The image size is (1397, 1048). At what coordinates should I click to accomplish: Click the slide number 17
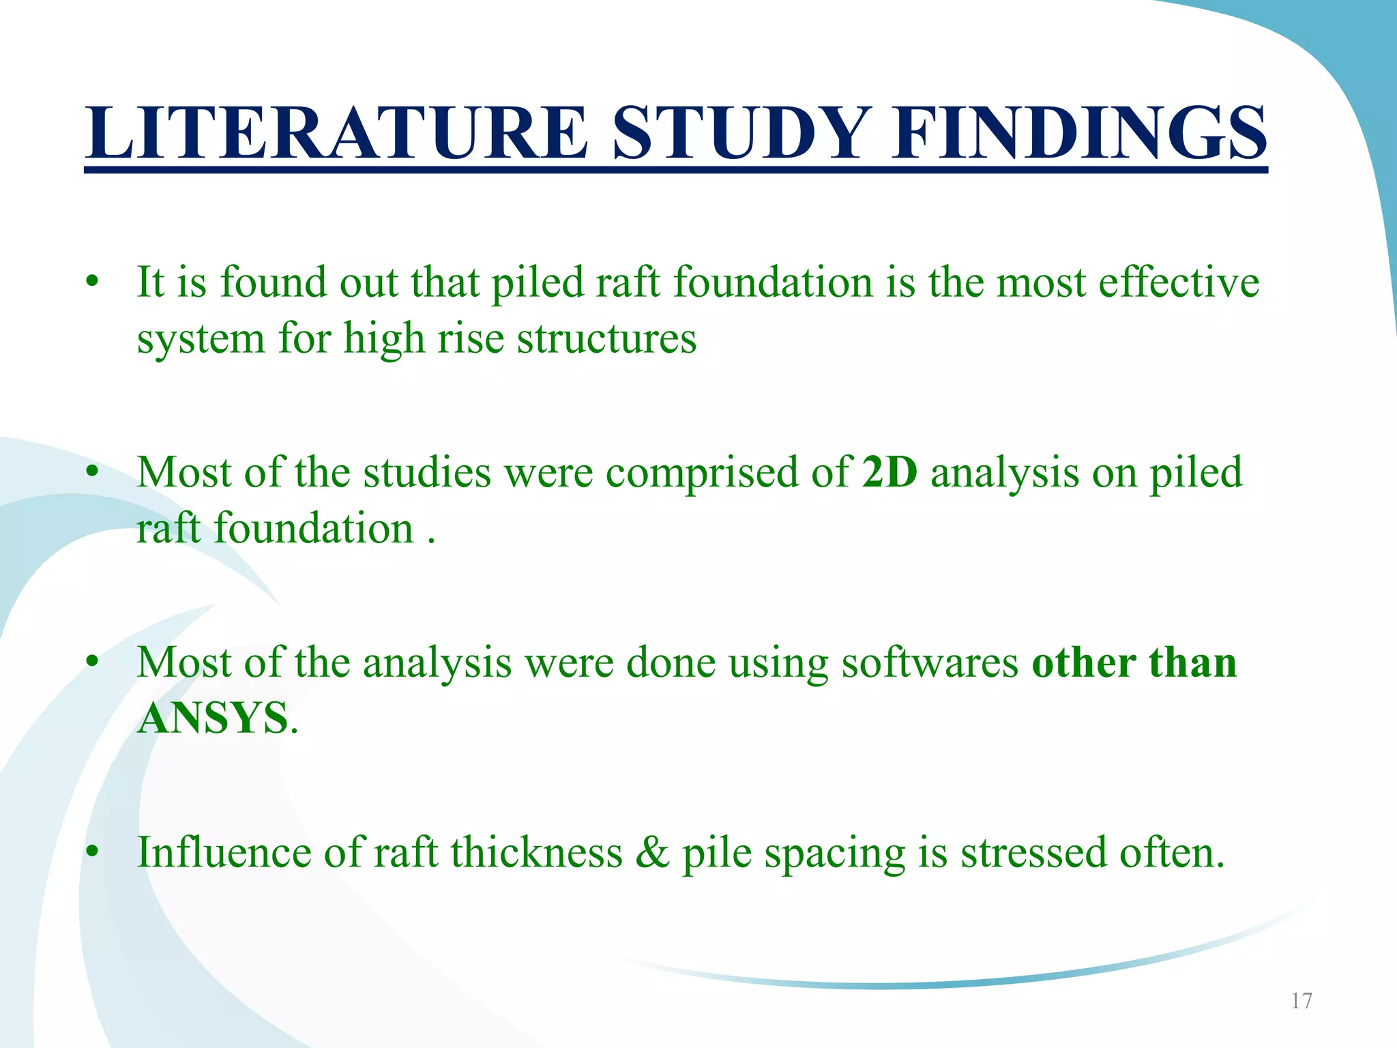point(1302,1001)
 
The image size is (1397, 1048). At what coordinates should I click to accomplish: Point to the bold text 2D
point(889,472)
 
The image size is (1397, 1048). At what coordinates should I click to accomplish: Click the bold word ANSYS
point(213,718)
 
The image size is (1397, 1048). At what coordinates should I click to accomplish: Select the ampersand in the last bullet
point(652,853)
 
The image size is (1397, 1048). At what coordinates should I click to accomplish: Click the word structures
point(606,338)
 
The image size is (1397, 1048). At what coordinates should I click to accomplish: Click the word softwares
point(929,663)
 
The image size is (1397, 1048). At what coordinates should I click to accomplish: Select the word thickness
point(536,853)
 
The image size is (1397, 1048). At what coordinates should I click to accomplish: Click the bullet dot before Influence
point(93,853)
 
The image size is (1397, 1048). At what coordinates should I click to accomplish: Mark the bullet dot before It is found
point(93,282)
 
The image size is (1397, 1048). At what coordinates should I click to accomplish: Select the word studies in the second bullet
point(426,472)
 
